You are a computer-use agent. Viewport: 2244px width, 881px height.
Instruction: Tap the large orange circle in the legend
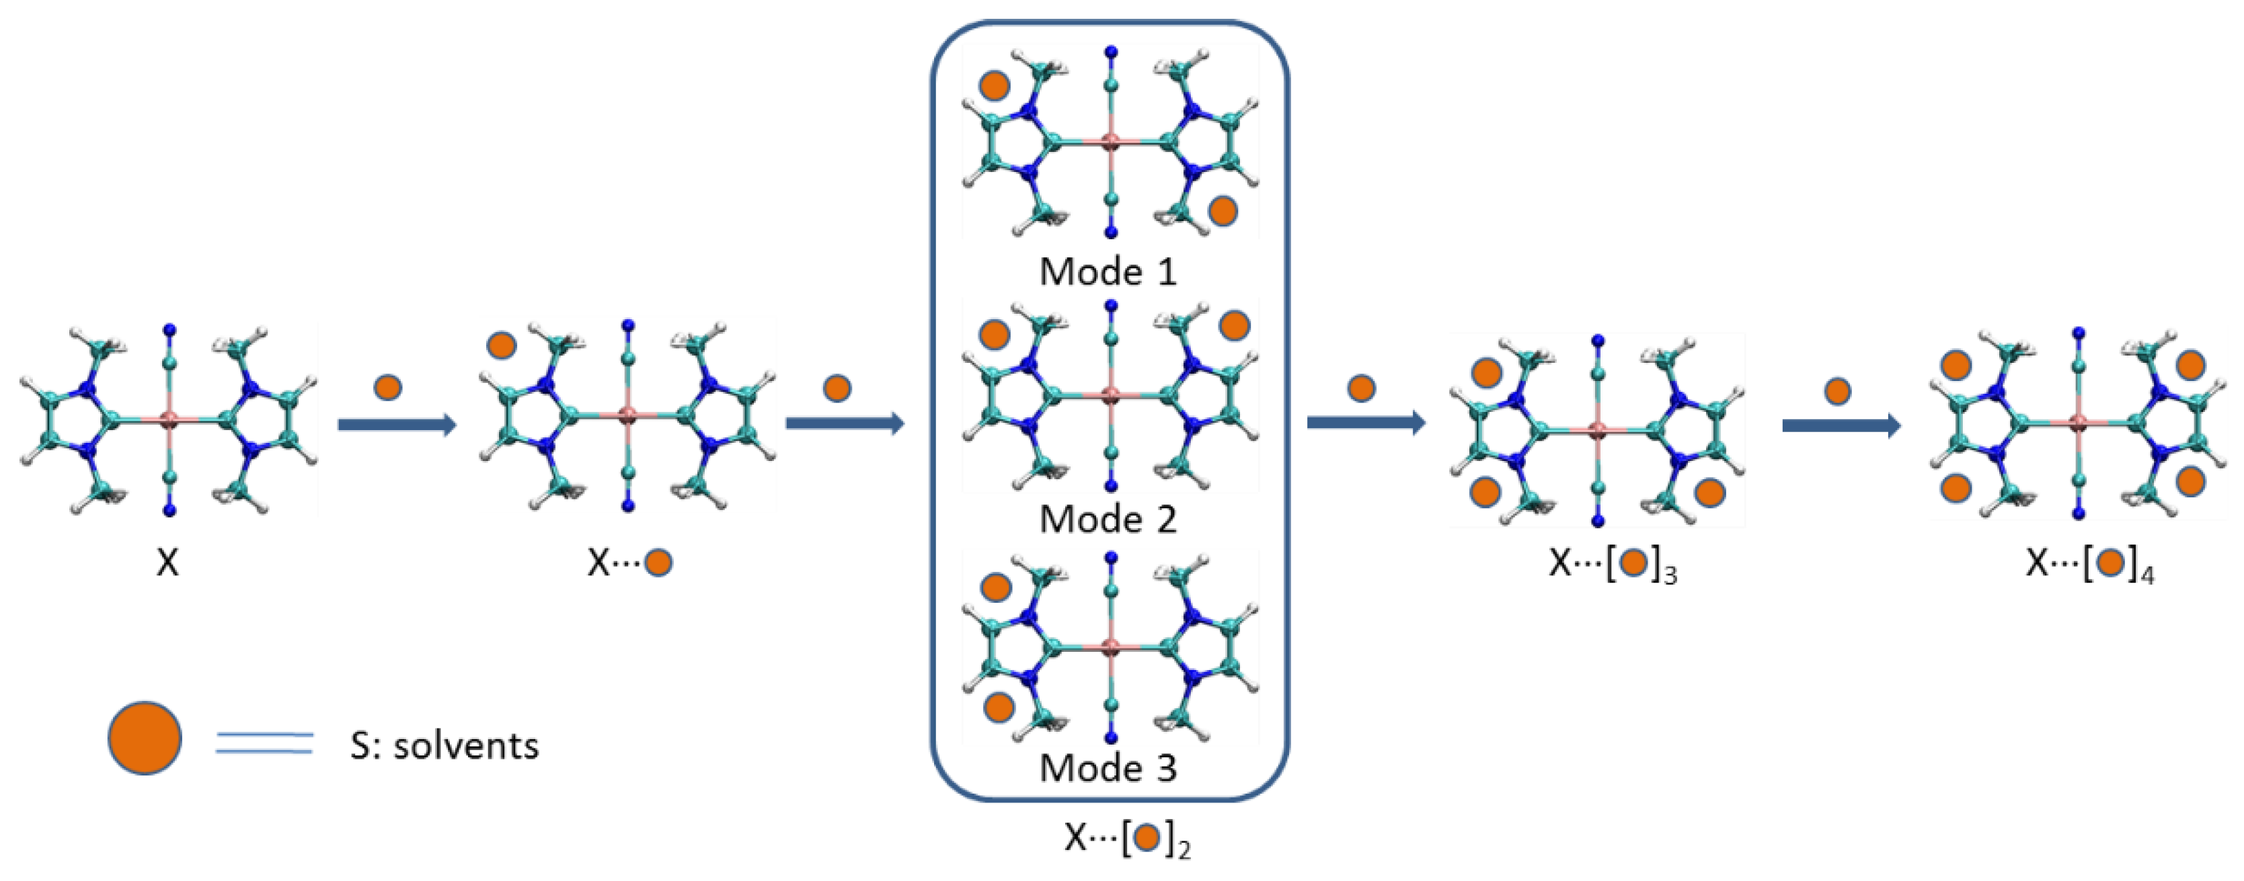tap(145, 739)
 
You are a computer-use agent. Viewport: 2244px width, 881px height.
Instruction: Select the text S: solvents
tap(444, 746)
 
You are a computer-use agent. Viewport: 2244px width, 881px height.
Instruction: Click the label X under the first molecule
tap(167, 562)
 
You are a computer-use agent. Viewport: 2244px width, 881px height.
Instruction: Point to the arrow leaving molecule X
tap(396, 425)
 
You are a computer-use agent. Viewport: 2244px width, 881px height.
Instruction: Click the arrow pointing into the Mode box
tap(844, 424)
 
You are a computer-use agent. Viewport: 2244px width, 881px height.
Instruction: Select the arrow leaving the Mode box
tap(1365, 423)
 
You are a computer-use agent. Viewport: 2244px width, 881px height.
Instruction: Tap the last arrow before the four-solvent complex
tap(1841, 425)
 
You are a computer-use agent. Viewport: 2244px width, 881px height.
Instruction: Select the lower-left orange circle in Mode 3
tap(999, 707)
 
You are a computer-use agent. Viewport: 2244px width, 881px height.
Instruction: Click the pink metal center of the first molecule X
tap(170, 421)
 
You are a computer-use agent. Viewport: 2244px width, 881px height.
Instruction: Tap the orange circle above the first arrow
tap(387, 387)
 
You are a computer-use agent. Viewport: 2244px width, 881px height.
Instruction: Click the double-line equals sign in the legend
tap(264, 743)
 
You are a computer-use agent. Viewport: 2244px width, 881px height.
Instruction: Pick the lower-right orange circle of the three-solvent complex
tap(1709, 493)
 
